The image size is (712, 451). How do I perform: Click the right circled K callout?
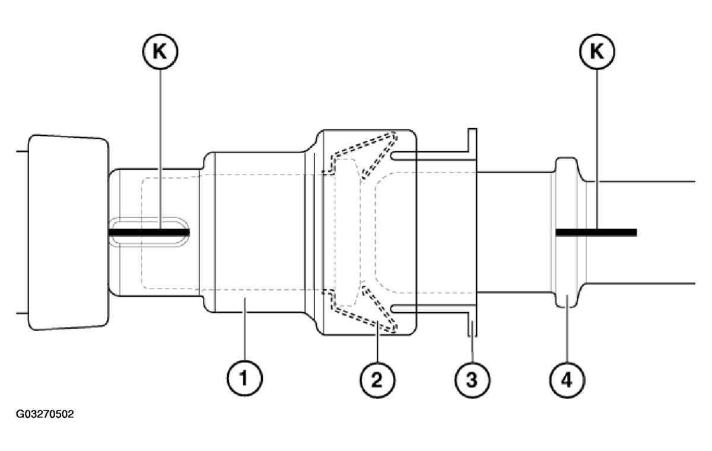click(x=596, y=52)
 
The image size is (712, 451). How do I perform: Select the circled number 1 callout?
click(x=243, y=378)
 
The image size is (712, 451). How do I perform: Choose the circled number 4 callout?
click(x=566, y=378)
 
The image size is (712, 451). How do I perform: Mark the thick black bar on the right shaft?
click(x=596, y=232)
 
